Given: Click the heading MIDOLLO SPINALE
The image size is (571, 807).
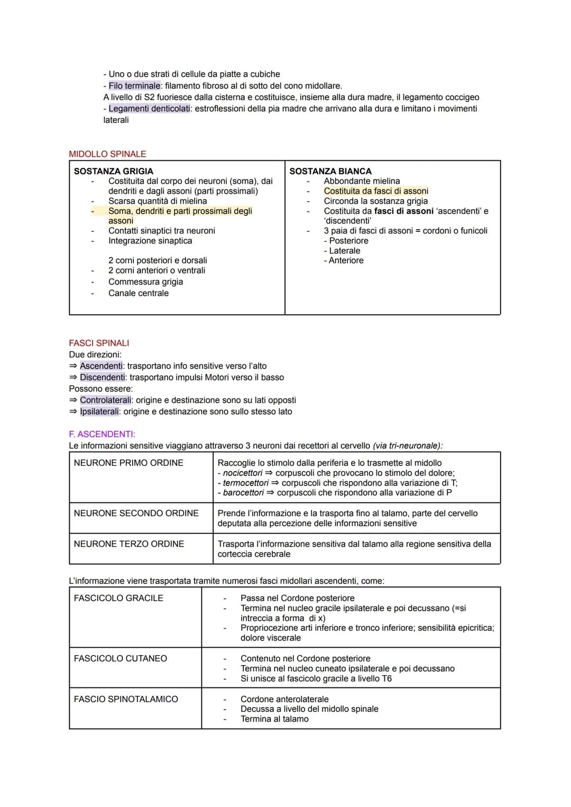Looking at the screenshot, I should pos(107,154).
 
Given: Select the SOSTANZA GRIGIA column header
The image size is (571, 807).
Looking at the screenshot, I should pos(113,171).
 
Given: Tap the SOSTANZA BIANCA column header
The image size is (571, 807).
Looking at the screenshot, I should pos(330,171).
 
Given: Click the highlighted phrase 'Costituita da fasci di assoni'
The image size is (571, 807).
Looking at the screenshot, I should pos(376,191).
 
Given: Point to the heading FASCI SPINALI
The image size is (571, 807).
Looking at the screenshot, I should pos(99,343).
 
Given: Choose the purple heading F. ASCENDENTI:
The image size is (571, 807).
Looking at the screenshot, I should pos(102,434).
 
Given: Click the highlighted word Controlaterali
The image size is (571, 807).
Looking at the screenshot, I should pos(106,400).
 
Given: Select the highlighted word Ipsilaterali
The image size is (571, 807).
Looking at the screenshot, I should pos(99,412).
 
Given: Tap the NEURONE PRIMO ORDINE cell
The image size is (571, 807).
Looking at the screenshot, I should pos(128,463).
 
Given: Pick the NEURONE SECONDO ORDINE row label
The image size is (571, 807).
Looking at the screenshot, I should pos(136,513).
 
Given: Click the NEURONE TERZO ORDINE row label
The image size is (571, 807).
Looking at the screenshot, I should pos(129,544).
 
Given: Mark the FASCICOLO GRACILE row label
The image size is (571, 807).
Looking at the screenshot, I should pos(118,598).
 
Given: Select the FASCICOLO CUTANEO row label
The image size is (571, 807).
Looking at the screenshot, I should pos(120,658).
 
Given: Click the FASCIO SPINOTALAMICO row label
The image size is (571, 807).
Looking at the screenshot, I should pos(126,699).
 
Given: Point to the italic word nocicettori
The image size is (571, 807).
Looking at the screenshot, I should pos(243,473).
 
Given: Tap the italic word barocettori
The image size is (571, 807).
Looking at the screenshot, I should pos(243,493).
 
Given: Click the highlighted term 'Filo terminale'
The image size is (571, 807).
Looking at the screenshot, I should pos(134,86).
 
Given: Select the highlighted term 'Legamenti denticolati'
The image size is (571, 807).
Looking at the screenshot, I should pos(149,108).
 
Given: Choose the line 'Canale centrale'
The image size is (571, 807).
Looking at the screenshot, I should pos(139,293).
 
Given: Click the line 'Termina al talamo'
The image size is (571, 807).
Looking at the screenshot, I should pos(274,719).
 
